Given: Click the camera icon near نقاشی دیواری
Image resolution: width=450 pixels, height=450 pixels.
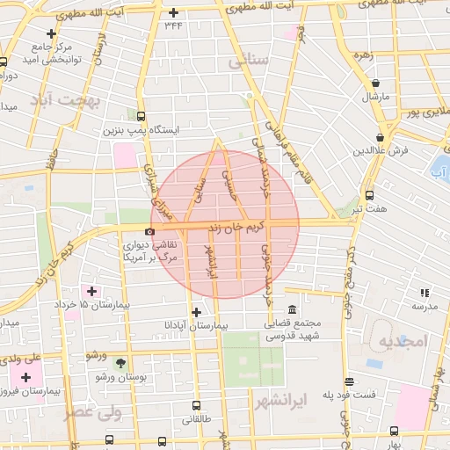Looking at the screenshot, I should pyautogui.click(x=149, y=232).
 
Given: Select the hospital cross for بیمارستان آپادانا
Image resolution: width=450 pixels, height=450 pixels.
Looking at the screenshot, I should pyautogui.click(x=196, y=312).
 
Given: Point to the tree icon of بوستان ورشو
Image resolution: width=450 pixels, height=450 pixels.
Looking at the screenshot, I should pyautogui.click(x=120, y=361).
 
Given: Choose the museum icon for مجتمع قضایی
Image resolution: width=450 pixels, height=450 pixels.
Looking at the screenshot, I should pyautogui.click(x=292, y=311).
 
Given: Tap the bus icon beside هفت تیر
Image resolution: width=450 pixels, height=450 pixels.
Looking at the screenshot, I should pyautogui.click(x=368, y=195).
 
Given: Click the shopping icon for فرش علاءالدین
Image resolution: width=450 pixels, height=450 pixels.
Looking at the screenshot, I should pyautogui.click(x=379, y=138).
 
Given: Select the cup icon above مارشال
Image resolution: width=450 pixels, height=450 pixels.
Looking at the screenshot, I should pyautogui.click(x=375, y=81).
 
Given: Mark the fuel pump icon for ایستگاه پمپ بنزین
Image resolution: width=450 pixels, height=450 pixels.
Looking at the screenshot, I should pyautogui.click(x=141, y=116).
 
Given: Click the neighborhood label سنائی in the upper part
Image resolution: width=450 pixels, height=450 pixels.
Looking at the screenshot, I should pyautogui.click(x=249, y=63).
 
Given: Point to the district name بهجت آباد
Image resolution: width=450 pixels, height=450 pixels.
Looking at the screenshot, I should pyautogui.click(x=64, y=100).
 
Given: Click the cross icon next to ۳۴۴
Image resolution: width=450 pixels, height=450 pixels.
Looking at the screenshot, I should pyautogui.click(x=174, y=12).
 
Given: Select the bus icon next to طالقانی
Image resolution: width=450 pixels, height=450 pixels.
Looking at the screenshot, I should pyautogui.click(x=196, y=405).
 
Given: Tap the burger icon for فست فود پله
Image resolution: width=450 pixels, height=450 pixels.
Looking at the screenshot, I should pyautogui.click(x=350, y=382).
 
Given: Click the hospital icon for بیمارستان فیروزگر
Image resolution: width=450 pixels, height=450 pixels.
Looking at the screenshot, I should pyautogui.click(x=26, y=377).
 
